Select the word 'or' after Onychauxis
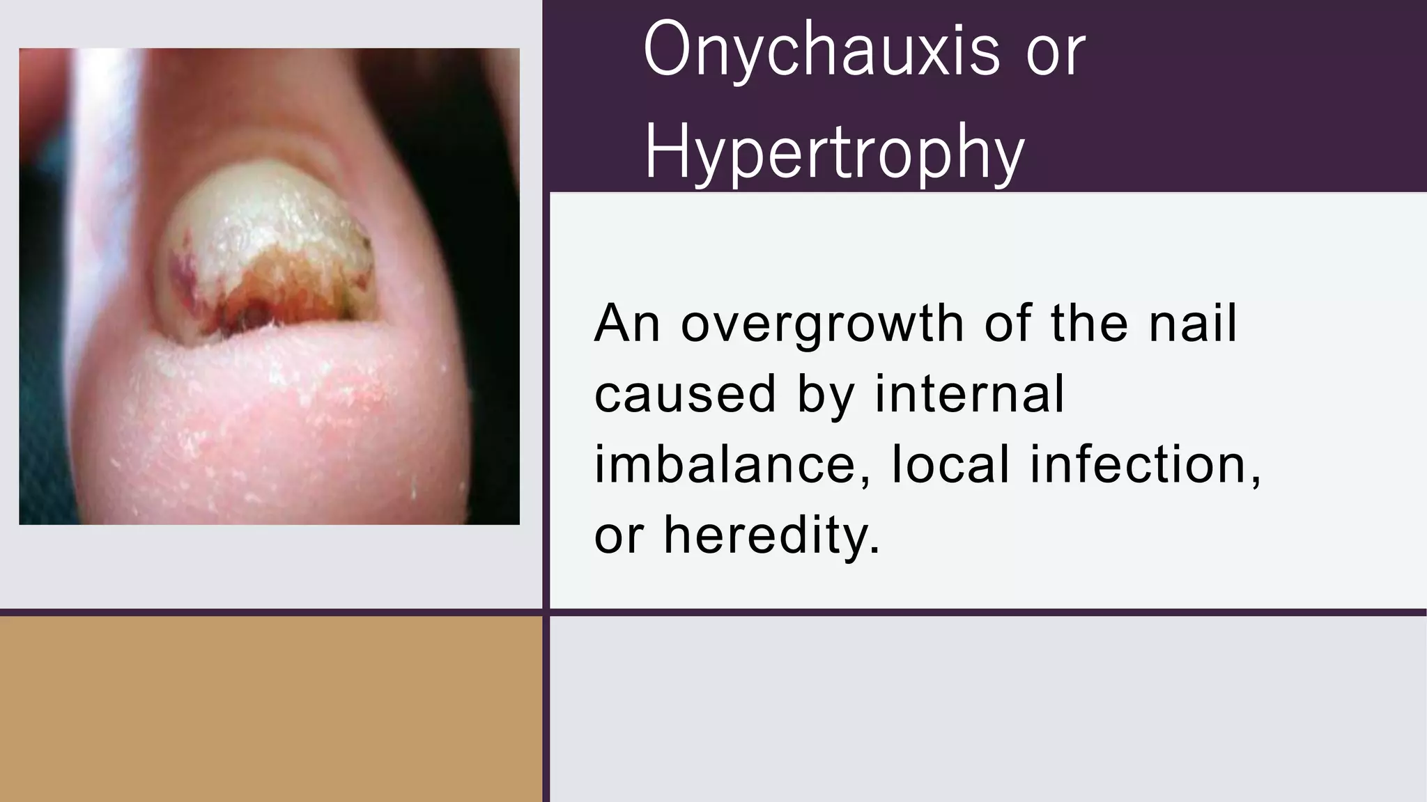(1056, 50)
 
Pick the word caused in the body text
(685, 394)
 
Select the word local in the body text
(950, 465)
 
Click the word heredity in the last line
(771, 535)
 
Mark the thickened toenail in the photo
(272, 230)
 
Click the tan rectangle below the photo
(270, 709)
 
